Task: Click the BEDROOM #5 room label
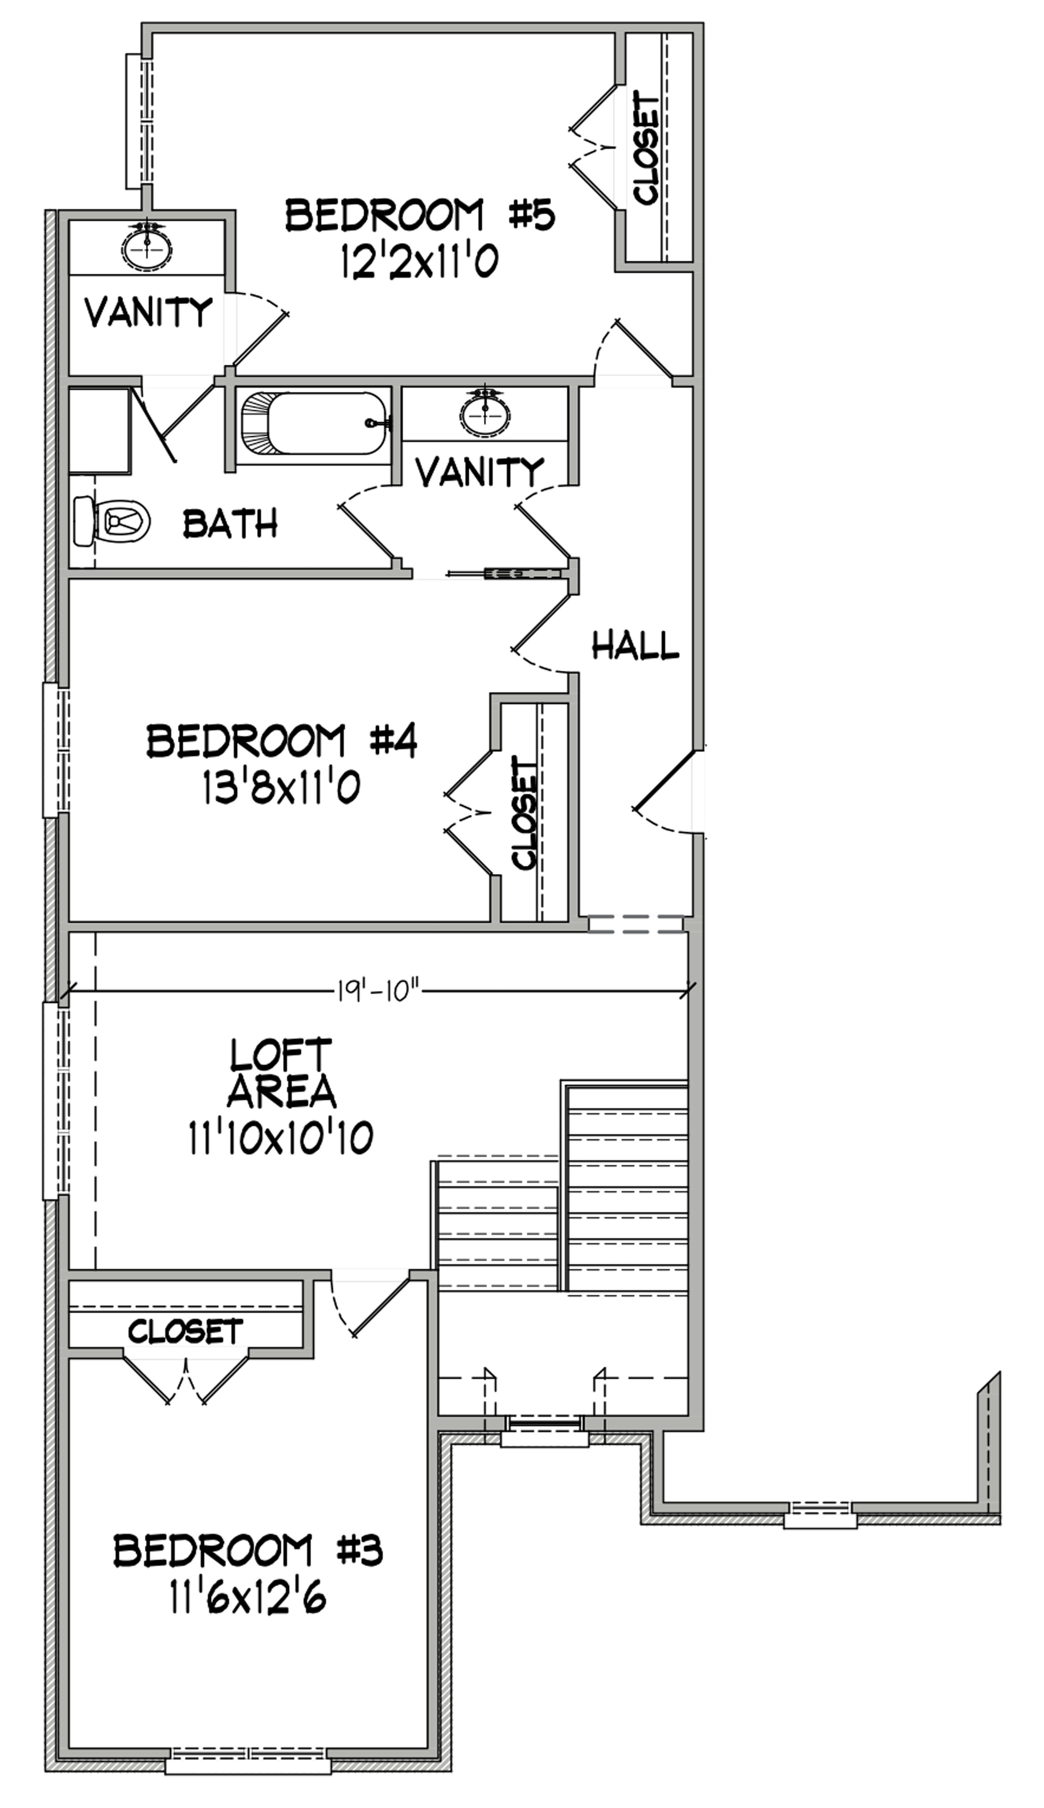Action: [x=420, y=215]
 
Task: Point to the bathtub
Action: [x=315, y=423]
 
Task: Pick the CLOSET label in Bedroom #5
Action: [x=648, y=151]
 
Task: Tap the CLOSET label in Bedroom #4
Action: [x=525, y=814]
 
